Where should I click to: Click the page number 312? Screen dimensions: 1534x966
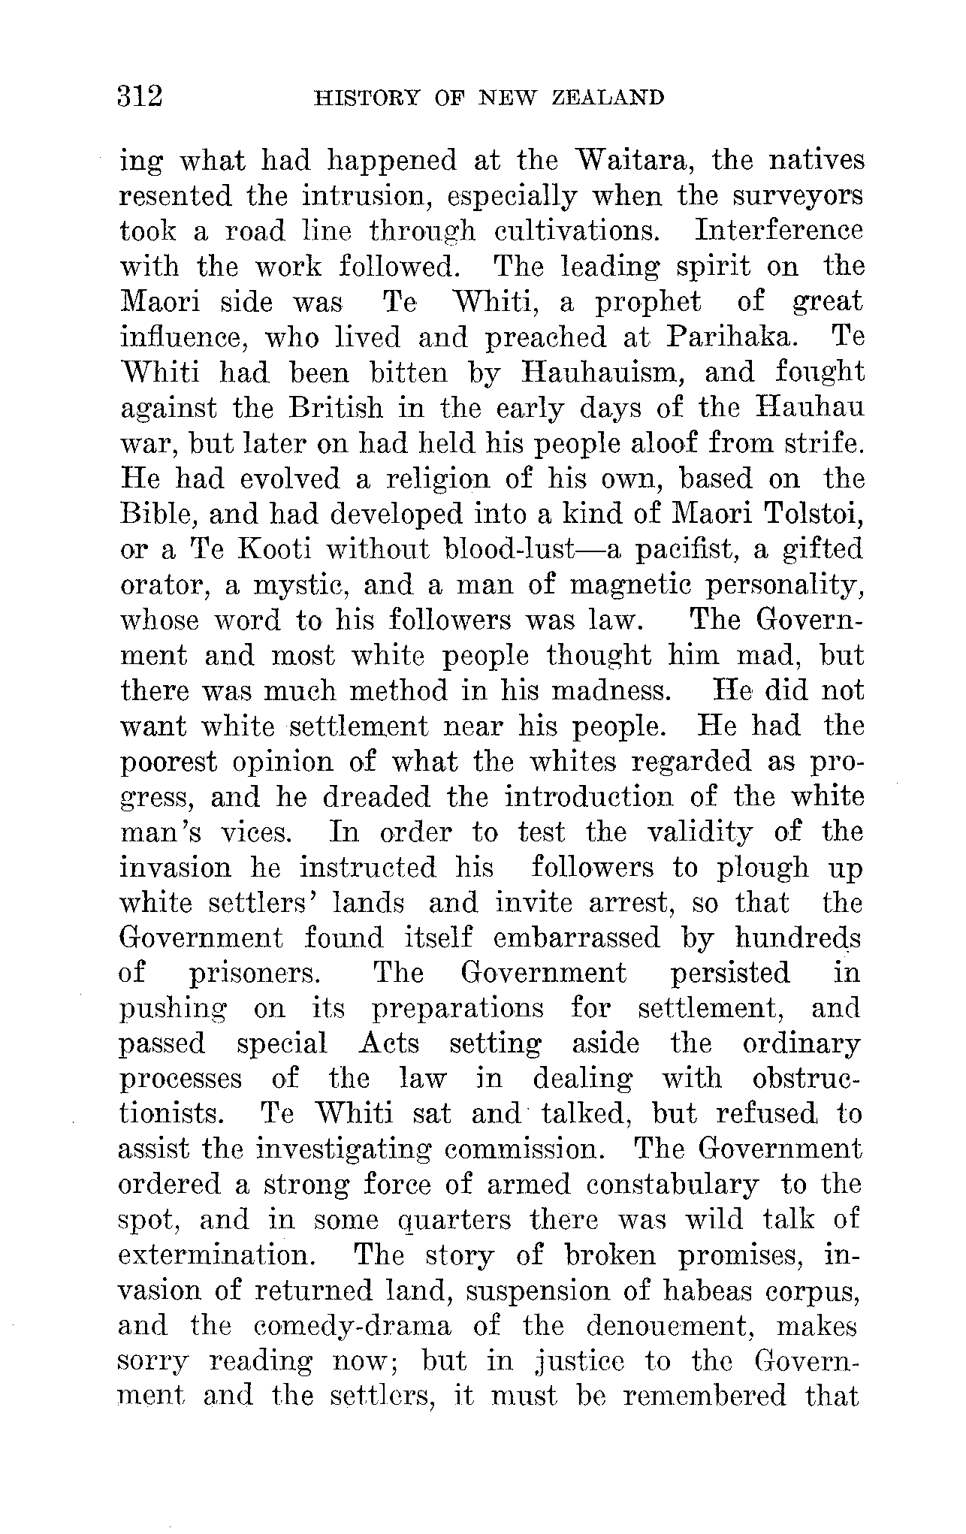(140, 98)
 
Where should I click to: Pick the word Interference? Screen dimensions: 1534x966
(779, 231)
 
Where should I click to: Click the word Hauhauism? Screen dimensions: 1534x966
(600, 373)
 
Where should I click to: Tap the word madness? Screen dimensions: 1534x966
(609, 691)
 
